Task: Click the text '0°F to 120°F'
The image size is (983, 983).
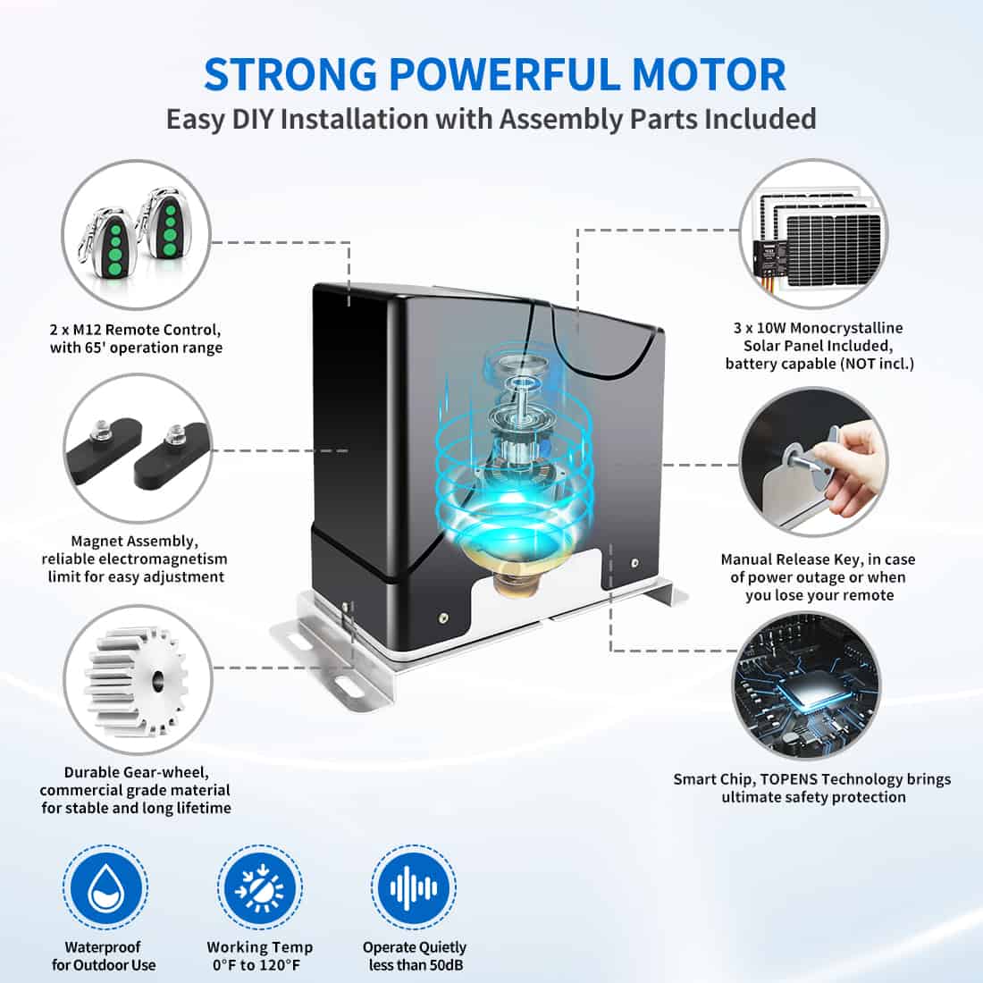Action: (259, 965)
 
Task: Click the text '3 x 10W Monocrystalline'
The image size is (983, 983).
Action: (819, 328)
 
